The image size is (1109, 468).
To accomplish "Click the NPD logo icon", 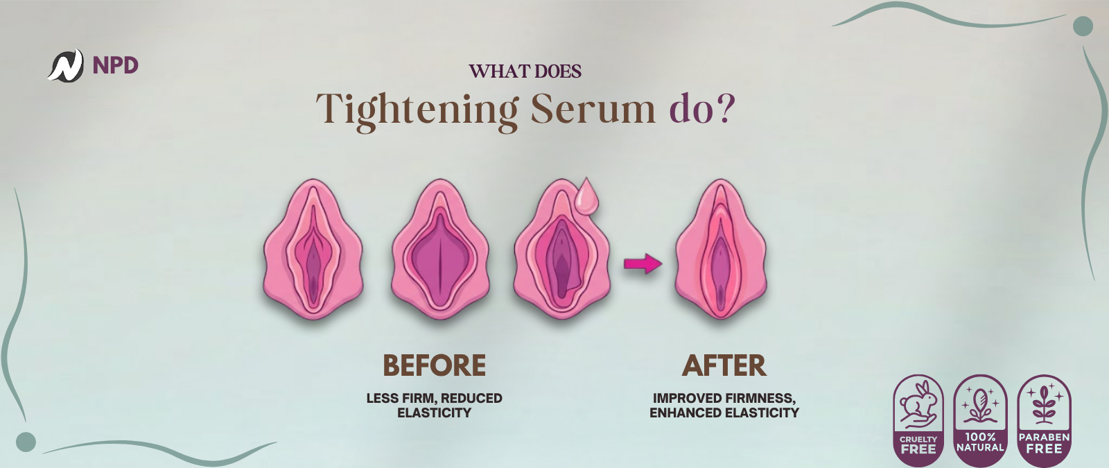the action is click(x=65, y=65).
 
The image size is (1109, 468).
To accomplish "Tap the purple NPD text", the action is click(x=115, y=65).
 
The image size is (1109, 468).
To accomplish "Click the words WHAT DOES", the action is click(x=525, y=71).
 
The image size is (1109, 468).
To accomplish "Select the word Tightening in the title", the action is click(x=417, y=110).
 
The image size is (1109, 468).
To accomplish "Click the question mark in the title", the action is click(x=726, y=108).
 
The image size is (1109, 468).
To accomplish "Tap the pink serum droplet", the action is click(x=586, y=196).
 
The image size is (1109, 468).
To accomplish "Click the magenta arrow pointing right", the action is click(x=643, y=263).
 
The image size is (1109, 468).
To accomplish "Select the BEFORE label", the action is click(x=434, y=365).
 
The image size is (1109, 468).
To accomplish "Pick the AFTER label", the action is click(x=724, y=365).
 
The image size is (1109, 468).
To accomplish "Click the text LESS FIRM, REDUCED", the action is click(x=434, y=398).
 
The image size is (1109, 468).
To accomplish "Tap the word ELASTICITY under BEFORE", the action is click(x=434, y=413).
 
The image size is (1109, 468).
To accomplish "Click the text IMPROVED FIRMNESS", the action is click(x=724, y=398).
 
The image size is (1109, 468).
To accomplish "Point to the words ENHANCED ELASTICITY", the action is click(x=724, y=413).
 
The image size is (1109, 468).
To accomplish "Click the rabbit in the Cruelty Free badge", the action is click(x=918, y=404).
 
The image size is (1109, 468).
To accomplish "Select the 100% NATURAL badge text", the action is click(x=980, y=442).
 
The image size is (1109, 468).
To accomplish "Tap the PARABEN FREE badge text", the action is click(x=1044, y=443).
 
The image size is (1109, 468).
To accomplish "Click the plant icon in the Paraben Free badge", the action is click(x=1044, y=404).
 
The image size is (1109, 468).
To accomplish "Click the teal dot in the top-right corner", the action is click(x=1083, y=26).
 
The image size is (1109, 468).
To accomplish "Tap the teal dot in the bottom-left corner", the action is click(x=26, y=442).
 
